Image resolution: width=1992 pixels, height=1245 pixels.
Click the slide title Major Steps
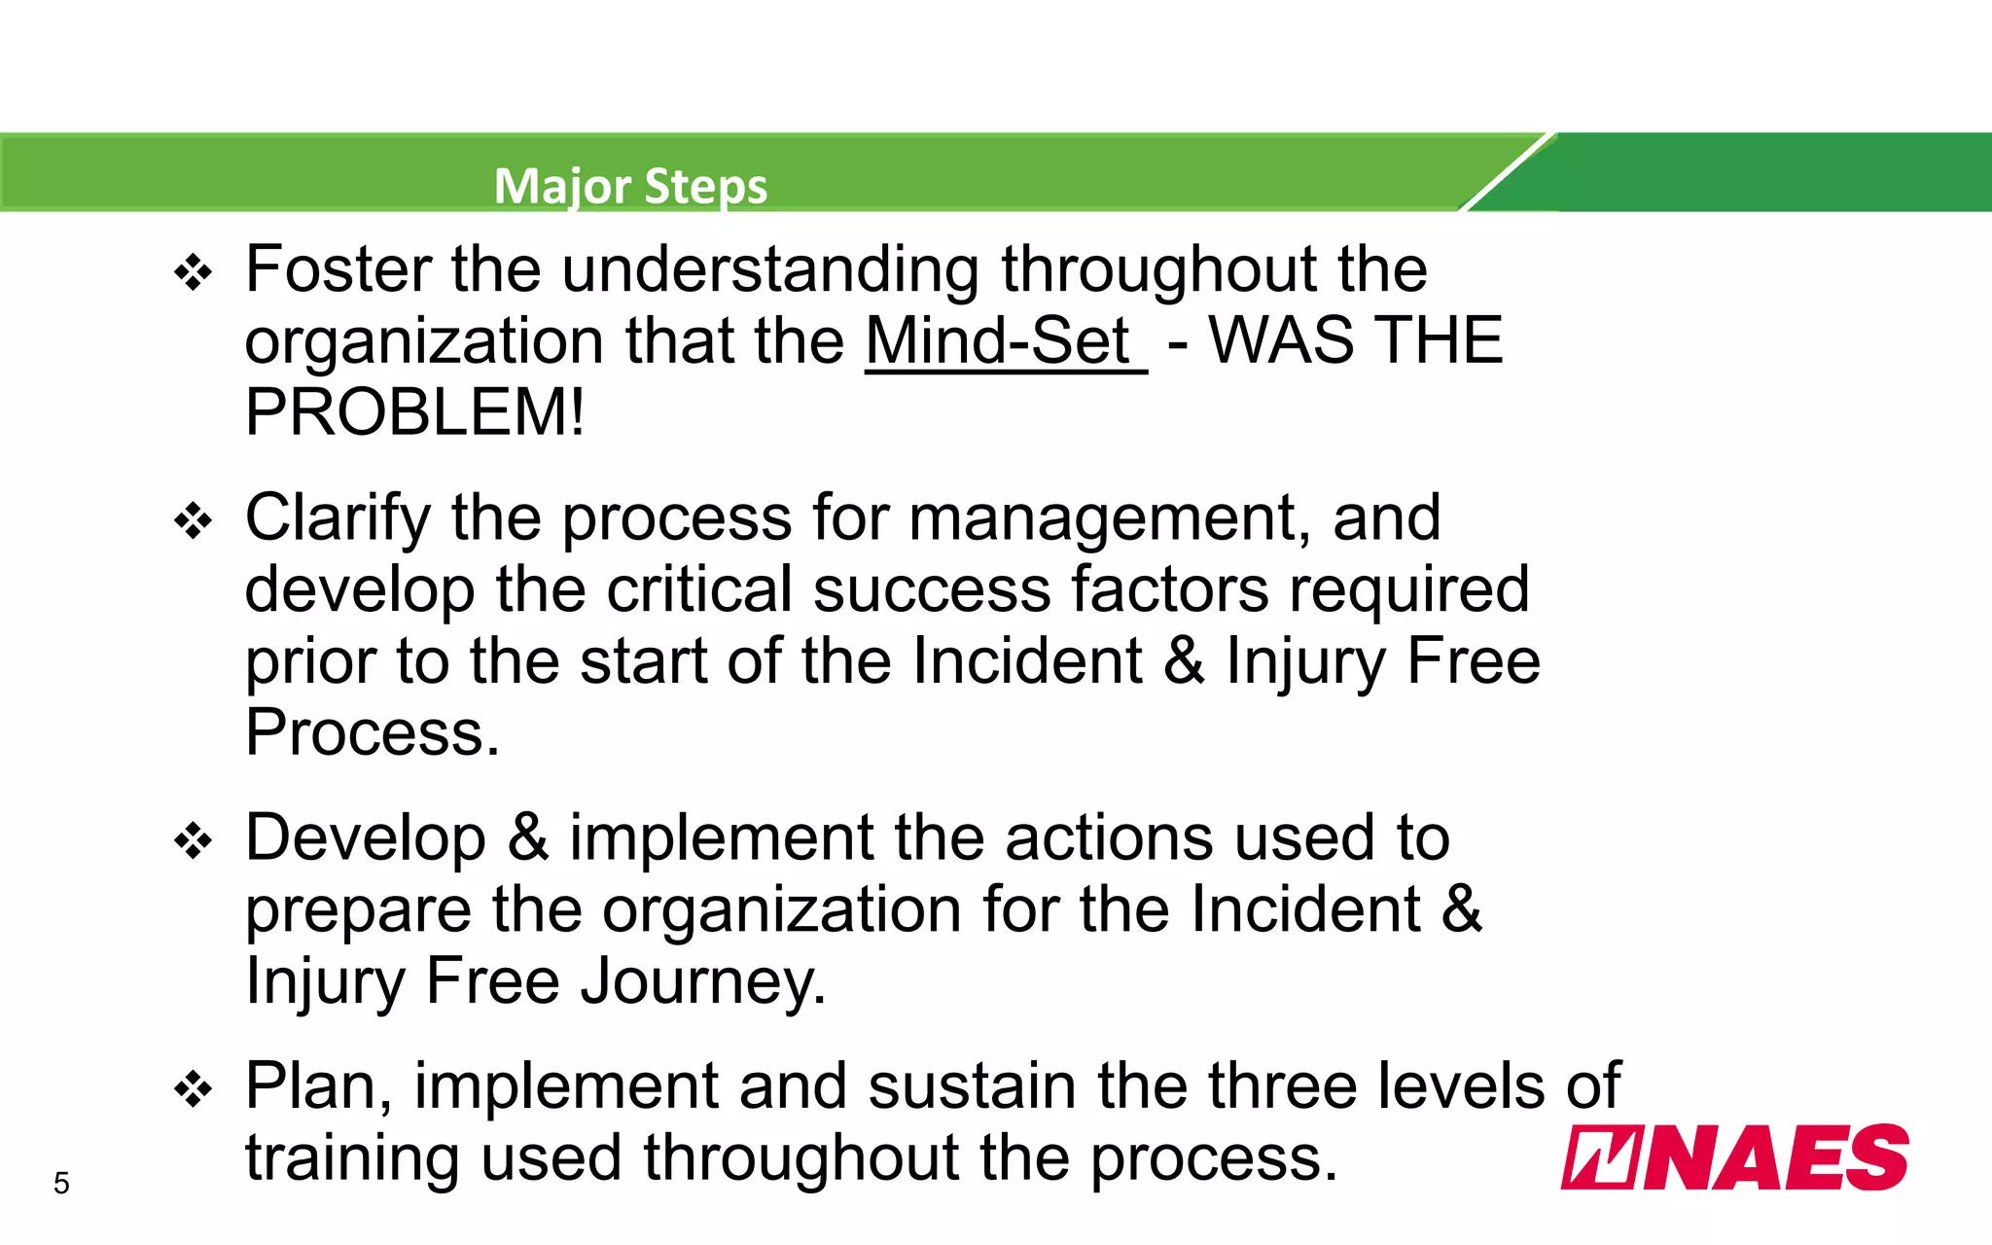coord(630,186)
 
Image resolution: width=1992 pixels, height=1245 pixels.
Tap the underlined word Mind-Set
coord(998,341)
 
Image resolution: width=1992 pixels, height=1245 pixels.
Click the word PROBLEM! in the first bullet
coord(414,412)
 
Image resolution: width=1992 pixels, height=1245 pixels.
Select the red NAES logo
coord(1734,1157)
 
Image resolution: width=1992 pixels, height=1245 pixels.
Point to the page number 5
coord(61,1183)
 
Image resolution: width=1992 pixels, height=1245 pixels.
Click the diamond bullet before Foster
coord(193,273)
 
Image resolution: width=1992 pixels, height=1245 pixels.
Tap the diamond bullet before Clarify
coord(193,521)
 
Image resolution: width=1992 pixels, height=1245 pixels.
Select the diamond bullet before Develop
coord(193,841)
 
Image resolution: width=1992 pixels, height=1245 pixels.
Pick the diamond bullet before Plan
coord(193,1089)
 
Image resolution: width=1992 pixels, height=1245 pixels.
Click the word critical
coord(699,589)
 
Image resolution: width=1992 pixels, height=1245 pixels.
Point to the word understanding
coord(770,269)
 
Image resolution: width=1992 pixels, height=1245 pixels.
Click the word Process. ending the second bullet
coord(372,732)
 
